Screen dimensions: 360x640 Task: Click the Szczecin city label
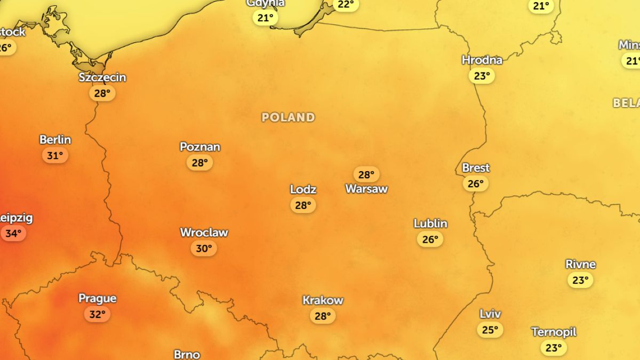pyautogui.click(x=102, y=77)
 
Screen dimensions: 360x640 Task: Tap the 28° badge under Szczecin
pyautogui.click(x=102, y=93)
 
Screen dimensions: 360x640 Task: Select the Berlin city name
pyautogui.click(x=55, y=140)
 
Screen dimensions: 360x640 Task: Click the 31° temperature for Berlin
pyautogui.click(x=55, y=156)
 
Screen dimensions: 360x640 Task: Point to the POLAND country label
pyautogui.click(x=288, y=117)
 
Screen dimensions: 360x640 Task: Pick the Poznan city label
pyautogui.click(x=200, y=147)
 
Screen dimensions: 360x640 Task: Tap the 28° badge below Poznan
pyautogui.click(x=199, y=163)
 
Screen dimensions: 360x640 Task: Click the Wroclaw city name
pyautogui.click(x=204, y=233)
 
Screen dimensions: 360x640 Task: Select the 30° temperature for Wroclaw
pyautogui.click(x=204, y=249)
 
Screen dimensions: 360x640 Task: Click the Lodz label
pyautogui.click(x=303, y=189)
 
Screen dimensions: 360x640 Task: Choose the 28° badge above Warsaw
pyautogui.click(x=366, y=174)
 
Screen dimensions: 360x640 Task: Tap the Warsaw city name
pyautogui.click(x=366, y=189)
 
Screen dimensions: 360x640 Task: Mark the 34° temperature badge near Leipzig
pyautogui.click(x=13, y=234)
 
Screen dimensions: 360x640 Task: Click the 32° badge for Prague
pyautogui.click(x=97, y=314)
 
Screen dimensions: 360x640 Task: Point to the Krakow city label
pyautogui.click(x=323, y=300)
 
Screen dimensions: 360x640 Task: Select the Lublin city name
pyautogui.click(x=430, y=223)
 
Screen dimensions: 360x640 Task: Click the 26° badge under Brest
pyautogui.click(x=475, y=184)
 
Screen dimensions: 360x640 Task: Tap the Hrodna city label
pyautogui.click(x=482, y=60)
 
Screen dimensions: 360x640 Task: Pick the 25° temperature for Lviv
pyautogui.click(x=490, y=330)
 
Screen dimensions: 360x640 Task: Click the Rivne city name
pyautogui.click(x=580, y=265)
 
